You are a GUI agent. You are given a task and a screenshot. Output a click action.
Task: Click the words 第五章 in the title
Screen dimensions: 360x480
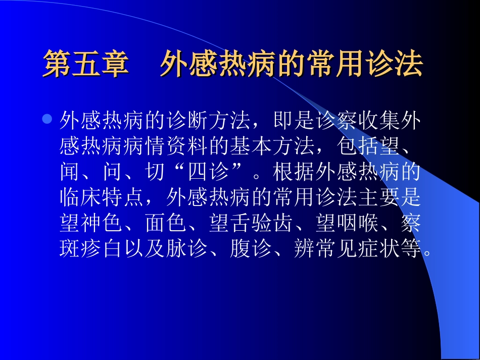[86, 65]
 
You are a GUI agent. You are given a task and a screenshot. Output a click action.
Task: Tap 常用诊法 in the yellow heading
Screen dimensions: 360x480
[365, 65]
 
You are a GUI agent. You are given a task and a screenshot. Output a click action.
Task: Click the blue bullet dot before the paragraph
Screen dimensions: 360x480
[47, 120]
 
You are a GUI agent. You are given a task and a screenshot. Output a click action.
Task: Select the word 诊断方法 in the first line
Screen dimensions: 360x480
[209, 121]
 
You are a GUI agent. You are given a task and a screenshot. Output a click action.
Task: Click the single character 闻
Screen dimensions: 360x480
[70, 173]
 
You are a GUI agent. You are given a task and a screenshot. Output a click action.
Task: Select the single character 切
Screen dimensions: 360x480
[155, 173]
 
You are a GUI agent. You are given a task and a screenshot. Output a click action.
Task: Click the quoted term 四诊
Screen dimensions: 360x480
[208, 173]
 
